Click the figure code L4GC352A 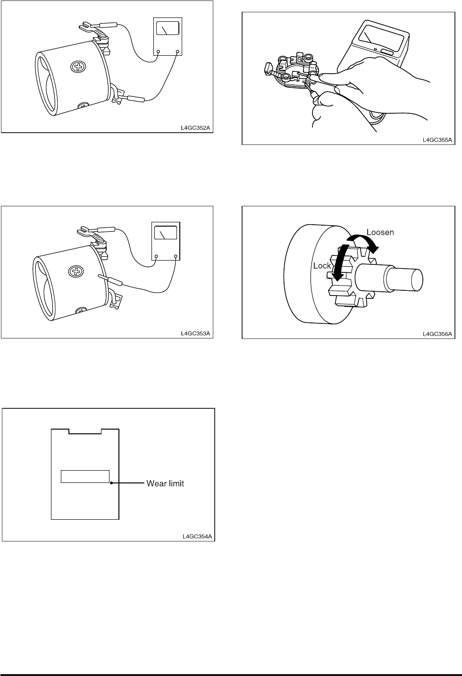[x=195, y=127]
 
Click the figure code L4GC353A [x=195, y=333]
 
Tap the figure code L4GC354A [x=197, y=536]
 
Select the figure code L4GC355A [x=437, y=140]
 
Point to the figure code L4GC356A [x=437, y=334]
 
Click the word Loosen [x=380, y=232]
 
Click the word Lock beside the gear [x=322, y=266]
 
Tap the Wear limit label [x=165, y=483]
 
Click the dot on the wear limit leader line [x=111, y=483]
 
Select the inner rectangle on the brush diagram [x=85, y=476]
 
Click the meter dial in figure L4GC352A [x=168, y=28]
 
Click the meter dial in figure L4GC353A [x=165, y=233]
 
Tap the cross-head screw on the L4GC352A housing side [x=78, y=67]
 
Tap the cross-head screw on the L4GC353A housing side [x=76, y=271]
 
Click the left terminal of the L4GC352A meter [x=158, y=52]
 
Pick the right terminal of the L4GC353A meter [x=176, y=256]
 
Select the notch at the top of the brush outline [x=85, y=431]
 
